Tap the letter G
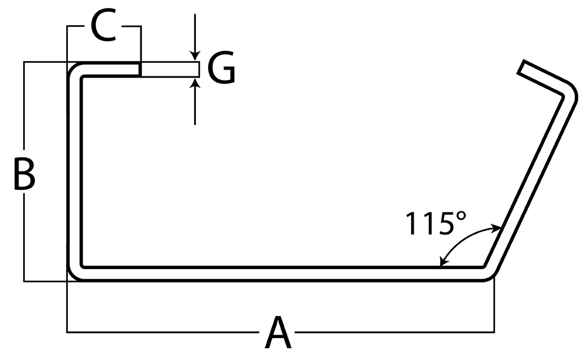[x=221, y=70]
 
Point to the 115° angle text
[x=435, y=223]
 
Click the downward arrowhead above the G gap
[x=195, y=57]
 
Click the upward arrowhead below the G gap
[x=195, y=83]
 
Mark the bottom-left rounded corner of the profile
[x=75, y=272]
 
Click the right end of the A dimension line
[x=493, y=332]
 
